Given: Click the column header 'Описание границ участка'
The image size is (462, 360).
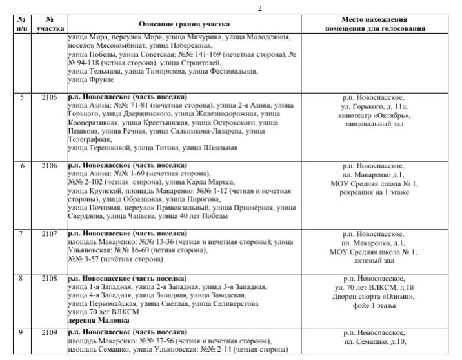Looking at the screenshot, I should [183, 25].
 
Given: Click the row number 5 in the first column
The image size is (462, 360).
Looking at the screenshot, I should [22, 97].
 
